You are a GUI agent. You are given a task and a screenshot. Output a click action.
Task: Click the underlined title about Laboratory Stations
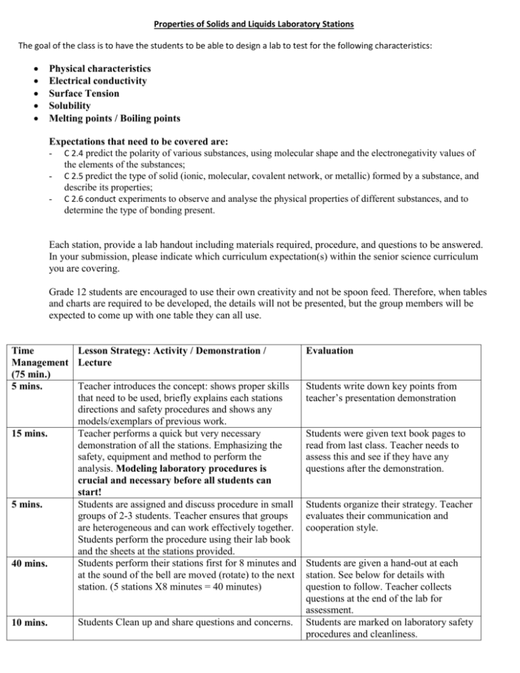pos(260,25)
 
